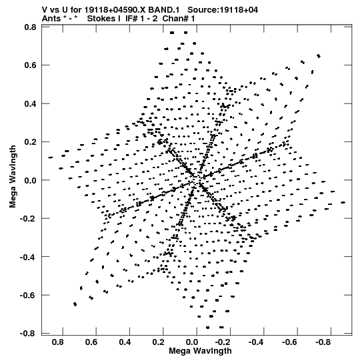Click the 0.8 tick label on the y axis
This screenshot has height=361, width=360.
click(x=30, y=27)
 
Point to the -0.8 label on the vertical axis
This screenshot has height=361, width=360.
click(x=28, y=334)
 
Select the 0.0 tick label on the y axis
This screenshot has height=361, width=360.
click(x=30, y=180)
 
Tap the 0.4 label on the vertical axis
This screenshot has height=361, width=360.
click(x=30, y=103)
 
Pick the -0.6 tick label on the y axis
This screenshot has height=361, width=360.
click(x=28, y=295)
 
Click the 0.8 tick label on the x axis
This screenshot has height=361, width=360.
click(x=58, y=342)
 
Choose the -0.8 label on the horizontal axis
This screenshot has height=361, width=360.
click(x=323, y=342)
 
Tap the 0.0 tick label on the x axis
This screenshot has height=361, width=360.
click(x=192, y=342)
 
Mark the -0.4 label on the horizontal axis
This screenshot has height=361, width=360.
click(x=256, y=342)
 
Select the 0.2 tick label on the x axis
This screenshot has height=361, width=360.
click(x=159, y=342)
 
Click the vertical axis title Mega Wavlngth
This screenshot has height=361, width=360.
click(x=13, y=177)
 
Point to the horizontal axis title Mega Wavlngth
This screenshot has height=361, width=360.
click(x=200, y=351)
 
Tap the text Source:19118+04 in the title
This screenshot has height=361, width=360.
click(x=223, y=10)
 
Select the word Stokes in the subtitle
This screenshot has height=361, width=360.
click(x=104, y=19)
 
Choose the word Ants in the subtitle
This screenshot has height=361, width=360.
click(x=51, y=19)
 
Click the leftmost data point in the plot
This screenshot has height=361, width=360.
click(x=51, y=157)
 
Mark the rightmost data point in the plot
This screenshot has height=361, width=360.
click(x=343, y=202)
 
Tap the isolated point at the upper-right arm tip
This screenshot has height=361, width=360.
click(x=319, y=56)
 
